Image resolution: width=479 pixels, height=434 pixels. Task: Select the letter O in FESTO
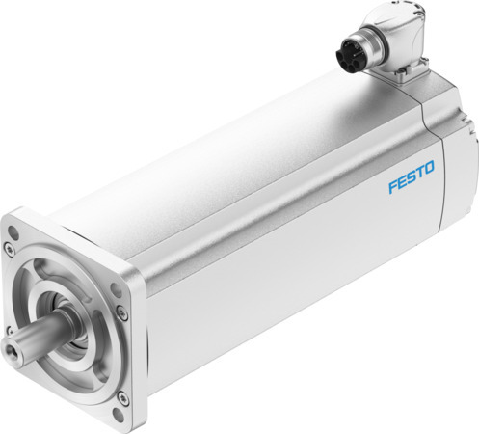[429, 171]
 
